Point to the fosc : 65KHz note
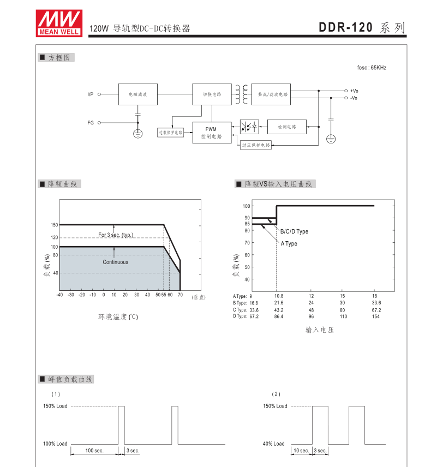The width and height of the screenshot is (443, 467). [372, 68]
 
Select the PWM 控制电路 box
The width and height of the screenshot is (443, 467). [212, 133]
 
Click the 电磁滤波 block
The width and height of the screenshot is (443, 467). [137, 94]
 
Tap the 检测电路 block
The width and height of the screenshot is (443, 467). [286, 127]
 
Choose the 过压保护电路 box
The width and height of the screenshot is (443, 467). [256, 145]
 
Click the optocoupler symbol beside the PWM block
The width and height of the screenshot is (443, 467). [249, 127]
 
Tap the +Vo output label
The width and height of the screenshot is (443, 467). [354, 91]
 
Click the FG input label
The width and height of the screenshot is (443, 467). [91, 123]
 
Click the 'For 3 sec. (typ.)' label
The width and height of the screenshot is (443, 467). [116, 235]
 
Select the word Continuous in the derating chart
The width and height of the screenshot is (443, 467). [116, 262]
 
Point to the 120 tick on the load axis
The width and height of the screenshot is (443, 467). [54, 237]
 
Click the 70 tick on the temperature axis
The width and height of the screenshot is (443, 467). [180, 295]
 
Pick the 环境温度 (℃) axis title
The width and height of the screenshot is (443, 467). [118, 316]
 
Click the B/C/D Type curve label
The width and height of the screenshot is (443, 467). [294, 231]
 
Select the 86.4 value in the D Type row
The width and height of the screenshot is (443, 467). [279, 316]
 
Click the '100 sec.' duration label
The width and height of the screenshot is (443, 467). [94, 451]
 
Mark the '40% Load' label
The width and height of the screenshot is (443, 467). [274, 444]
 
